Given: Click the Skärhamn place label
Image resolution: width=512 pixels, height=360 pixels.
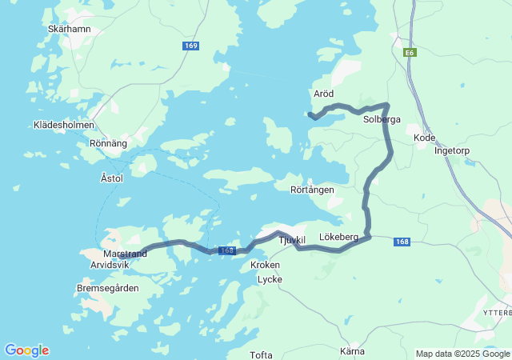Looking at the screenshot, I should pos(70,29).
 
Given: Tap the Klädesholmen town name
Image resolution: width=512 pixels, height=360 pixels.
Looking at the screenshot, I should pos(64,125).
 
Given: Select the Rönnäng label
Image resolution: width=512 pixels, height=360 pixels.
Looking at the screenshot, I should pos(108,144).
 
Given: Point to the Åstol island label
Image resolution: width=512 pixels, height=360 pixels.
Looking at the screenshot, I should pos(112,178).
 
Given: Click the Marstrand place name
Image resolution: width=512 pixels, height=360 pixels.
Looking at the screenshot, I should pos(125,254).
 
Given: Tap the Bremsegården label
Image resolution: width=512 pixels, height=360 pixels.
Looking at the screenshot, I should pos(107,288).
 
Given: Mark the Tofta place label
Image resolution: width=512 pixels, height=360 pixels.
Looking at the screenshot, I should pos(261,355).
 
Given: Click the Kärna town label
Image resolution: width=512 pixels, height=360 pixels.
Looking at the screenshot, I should pos(352,351).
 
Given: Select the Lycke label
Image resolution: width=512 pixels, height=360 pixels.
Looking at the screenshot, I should pos(270,279).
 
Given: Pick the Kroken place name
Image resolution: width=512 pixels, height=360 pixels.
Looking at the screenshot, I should pos(265,265).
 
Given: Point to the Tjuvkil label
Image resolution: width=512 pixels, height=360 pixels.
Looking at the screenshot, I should pos(292,240).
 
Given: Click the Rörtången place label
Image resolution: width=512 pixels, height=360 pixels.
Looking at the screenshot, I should pos(312,190).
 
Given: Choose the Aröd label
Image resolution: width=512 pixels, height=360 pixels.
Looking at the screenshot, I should pos(323,94).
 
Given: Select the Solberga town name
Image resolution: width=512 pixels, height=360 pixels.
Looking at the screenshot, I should pos(381,119).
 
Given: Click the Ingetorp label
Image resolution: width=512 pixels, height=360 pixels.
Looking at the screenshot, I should pos(451,150).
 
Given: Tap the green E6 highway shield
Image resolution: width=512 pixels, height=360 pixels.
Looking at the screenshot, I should pos(410,52).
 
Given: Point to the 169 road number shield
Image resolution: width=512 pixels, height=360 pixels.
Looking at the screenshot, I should pos(190,46).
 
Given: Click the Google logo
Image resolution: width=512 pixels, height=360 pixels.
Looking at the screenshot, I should pos(26,350).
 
